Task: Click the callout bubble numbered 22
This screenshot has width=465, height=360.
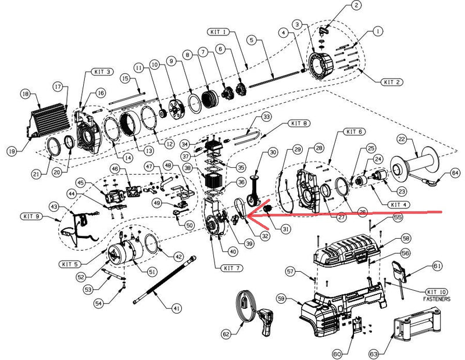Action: (400, 139)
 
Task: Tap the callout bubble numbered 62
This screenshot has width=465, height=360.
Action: (226, 334)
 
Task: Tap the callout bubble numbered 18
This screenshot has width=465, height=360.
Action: (24, 93)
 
